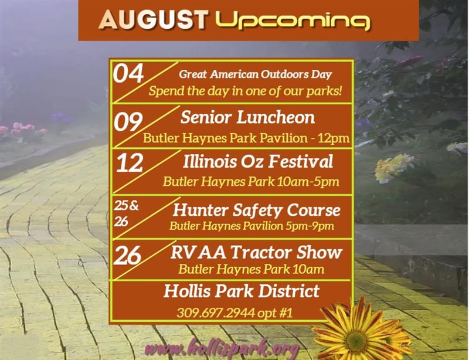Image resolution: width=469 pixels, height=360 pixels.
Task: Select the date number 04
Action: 128,74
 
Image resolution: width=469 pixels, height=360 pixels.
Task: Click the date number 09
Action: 128,122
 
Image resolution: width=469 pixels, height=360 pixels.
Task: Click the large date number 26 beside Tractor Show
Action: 128,255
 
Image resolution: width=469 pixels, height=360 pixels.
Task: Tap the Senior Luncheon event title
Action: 247,117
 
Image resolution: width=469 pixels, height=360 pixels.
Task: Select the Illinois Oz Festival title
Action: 257,161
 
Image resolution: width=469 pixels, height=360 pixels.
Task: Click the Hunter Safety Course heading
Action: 256,209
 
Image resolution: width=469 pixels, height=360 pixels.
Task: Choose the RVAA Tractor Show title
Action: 256,253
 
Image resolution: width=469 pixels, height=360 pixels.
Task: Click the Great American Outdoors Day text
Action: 256,74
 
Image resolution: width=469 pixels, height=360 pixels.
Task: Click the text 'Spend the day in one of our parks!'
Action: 245,91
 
